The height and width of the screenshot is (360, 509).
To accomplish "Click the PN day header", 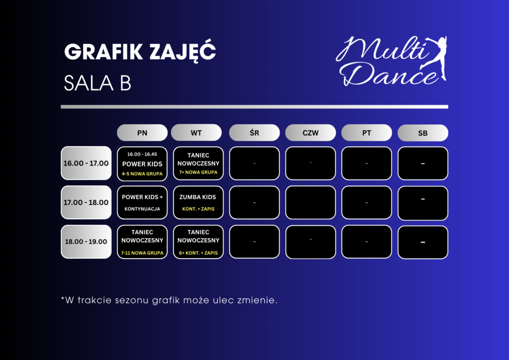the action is point(142,133).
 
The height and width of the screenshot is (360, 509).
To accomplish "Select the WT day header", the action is point(196,133).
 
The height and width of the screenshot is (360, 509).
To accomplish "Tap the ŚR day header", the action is point(254,133).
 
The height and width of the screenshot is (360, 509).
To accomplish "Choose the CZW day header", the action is point(311,133).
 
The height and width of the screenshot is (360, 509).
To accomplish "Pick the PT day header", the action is point(367,133).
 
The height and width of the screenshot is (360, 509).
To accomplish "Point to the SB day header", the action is point(423,133).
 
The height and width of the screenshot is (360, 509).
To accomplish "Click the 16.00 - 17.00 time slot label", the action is point(86,163).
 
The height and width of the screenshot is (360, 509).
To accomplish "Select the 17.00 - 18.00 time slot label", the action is point(86,202).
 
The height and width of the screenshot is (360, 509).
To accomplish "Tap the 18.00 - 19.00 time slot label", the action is point(86,242).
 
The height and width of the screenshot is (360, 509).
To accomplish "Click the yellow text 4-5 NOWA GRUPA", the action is point(142,174).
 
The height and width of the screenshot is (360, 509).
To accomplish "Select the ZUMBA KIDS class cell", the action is point(198,202).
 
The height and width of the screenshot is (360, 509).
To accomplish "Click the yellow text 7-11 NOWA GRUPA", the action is point(142,253).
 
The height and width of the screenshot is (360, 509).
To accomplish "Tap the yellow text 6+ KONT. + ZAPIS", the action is point(198,253).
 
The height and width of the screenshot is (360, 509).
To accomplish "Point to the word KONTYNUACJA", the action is point(142,209).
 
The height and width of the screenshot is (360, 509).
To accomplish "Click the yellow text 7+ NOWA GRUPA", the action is point(198,173).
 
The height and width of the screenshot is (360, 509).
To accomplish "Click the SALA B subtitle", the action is point(97,84).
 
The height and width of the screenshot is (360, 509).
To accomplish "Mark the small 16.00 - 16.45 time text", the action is point(142,154).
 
